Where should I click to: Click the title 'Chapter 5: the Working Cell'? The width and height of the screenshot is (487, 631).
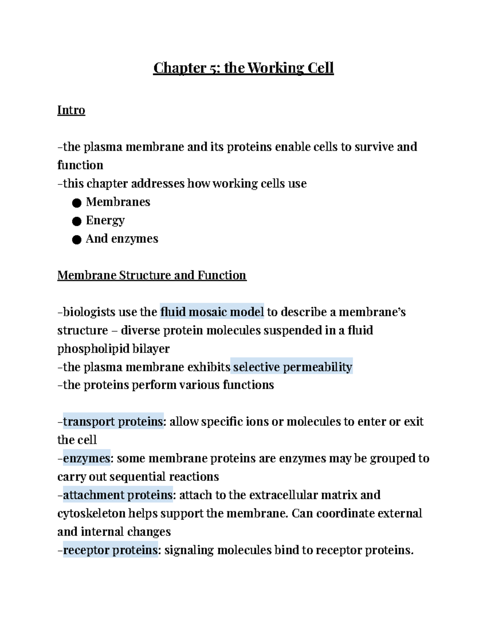pos(243,68)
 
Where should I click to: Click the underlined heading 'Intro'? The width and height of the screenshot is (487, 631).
pos(71,110)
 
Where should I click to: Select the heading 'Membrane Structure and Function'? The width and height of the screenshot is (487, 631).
pos(152,275)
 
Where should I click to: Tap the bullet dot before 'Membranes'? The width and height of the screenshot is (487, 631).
pos(77,203)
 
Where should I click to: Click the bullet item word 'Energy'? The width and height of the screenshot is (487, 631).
pos(105,220)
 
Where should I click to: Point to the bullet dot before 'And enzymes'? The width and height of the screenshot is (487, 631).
pos(77,240)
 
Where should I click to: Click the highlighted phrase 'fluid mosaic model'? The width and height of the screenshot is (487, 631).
pos(212,312)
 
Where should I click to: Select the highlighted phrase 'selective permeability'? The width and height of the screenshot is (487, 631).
pos(292,367)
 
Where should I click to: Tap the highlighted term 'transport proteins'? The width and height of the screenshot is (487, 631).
pos(113,422)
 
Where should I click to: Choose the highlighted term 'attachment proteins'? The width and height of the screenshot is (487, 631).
pos(118,495)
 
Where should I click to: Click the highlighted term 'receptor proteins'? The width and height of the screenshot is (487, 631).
pos(110,550)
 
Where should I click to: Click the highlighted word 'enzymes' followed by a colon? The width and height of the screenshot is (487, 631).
pos(86,458)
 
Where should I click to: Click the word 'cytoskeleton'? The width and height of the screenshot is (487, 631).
pos(91,514)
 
